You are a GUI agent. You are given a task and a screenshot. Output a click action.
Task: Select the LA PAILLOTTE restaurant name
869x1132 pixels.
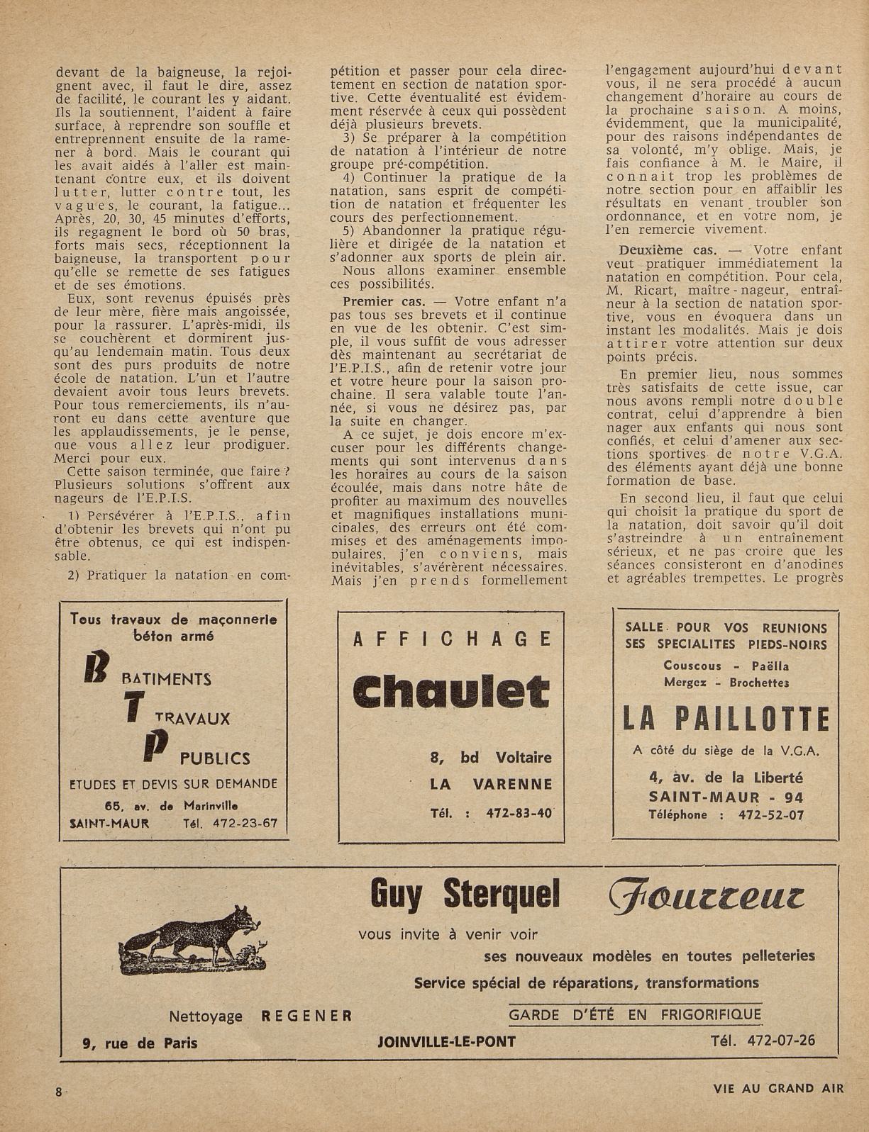[x=726, y=720]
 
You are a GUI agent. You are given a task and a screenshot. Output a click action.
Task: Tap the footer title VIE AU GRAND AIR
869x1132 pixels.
[x=778, y=1089]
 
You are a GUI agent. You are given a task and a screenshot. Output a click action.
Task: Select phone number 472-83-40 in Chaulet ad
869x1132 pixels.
[x=519, y=813]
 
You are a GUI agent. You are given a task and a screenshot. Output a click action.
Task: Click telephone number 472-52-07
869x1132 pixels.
[x=769, y=815]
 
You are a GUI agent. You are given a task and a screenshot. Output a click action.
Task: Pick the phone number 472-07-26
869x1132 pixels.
[x=763, y=1041]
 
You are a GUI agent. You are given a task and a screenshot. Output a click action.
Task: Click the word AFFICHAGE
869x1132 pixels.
[x=451, y=639]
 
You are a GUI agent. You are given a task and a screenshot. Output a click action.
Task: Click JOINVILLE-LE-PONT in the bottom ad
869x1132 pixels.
[x=447, y=1041]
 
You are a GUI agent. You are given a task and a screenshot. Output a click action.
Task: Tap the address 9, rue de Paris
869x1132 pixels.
[x=140, y=1043]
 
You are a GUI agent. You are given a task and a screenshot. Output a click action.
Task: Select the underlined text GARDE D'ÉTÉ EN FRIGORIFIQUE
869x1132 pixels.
[x=635, y=1014]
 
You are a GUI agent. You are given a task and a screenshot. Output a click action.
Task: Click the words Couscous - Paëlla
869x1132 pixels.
[x=726, y=666]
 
